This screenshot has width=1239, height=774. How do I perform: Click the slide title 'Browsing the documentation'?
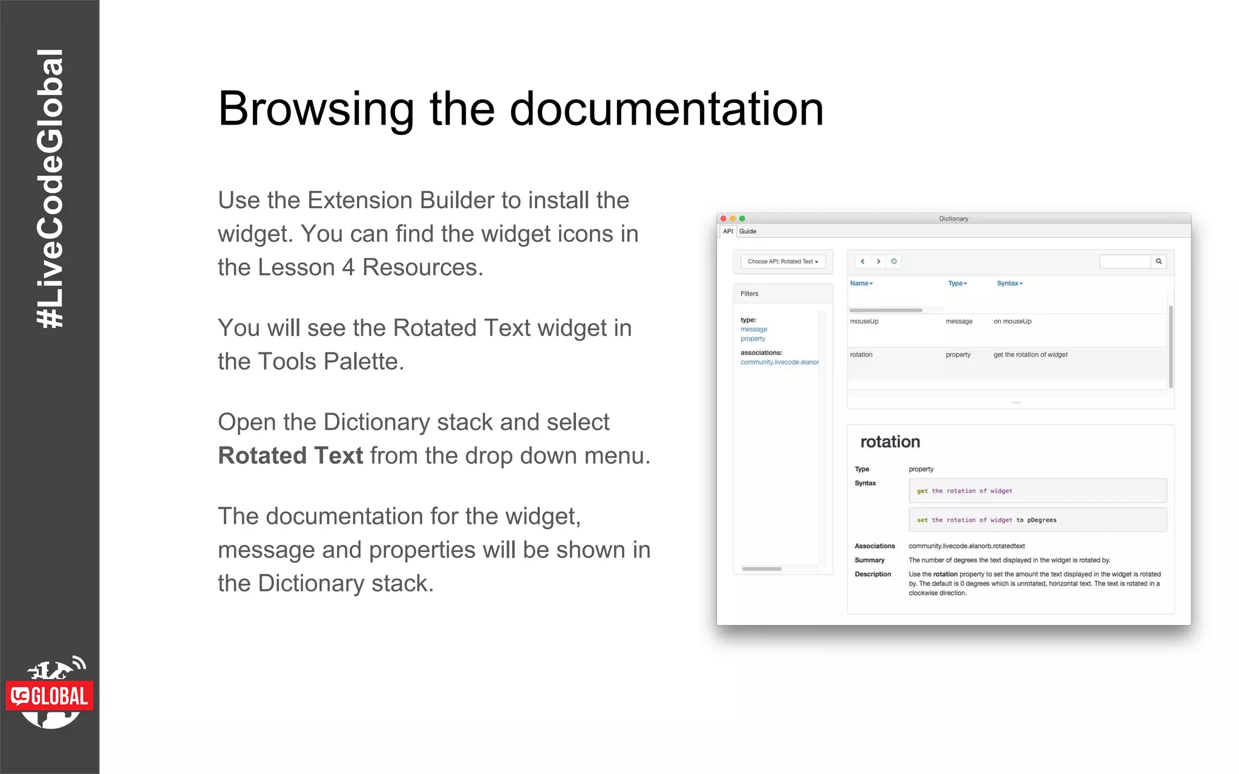click(x=520, y=109)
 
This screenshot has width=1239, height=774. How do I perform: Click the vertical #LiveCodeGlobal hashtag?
click(x=50, y=189)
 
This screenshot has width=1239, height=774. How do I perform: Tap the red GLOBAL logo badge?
click(x=50, y=696)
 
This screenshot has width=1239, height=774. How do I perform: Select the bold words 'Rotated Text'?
click(x=290, y=456)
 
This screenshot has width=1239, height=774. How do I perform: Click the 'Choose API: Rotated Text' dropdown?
click(x=782, y=262)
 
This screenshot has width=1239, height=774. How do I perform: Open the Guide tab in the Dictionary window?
click(x=748, y=232)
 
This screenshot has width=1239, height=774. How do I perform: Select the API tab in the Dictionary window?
click(x=728, y=232)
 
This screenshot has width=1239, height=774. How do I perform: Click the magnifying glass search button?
click(x=1159, y=262)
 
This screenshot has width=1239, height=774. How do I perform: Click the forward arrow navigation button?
click(x=878, y=262)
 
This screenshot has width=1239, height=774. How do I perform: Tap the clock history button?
click(x=894, y=262)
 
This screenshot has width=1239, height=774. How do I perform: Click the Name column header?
click(x=861, y=284)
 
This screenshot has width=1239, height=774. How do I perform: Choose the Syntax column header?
click(x=1009, y=284)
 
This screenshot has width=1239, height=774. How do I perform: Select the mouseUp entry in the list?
click(x=864, y=322)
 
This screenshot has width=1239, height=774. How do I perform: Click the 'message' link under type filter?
click(x=754, y=330)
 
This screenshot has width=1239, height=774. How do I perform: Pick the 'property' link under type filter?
click(x=753, y=339)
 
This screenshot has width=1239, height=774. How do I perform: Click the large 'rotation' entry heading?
click(x=890, y=442)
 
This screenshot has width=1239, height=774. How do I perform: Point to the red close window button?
click(x=723, y=219)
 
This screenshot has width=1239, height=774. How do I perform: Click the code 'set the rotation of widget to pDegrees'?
click(x=986, y=520)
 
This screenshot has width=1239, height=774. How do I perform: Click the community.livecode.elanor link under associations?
click(x=779, y=362)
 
